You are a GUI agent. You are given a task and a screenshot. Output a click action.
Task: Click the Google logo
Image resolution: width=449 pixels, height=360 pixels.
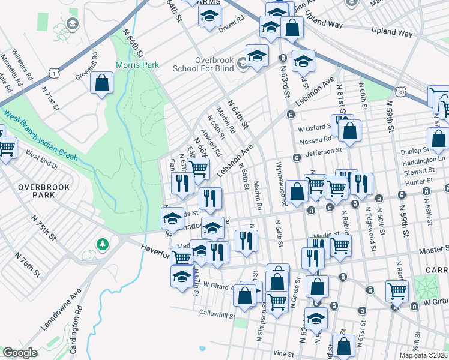point(20,353)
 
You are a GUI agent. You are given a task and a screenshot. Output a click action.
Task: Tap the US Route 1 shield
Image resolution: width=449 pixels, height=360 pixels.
point(55,73)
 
